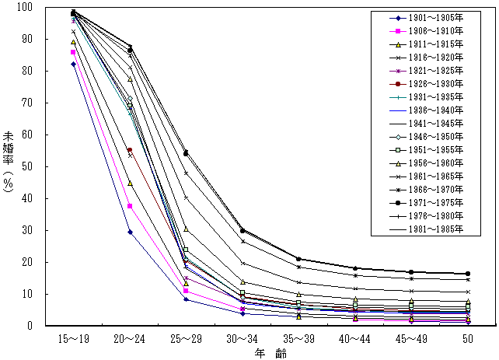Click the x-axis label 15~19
[x=73, y=339]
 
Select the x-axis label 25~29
[x=185, y=339]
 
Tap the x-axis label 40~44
[x=354, y=339]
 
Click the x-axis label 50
[x=467, y=339]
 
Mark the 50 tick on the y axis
[x=25, y=166]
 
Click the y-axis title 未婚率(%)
[x=8, y=167]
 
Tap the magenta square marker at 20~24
[x=129, y=206]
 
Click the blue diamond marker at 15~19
[x=73, y=64]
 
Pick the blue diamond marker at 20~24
[x=129, y=232]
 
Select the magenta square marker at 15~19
[x=73, y=52]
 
